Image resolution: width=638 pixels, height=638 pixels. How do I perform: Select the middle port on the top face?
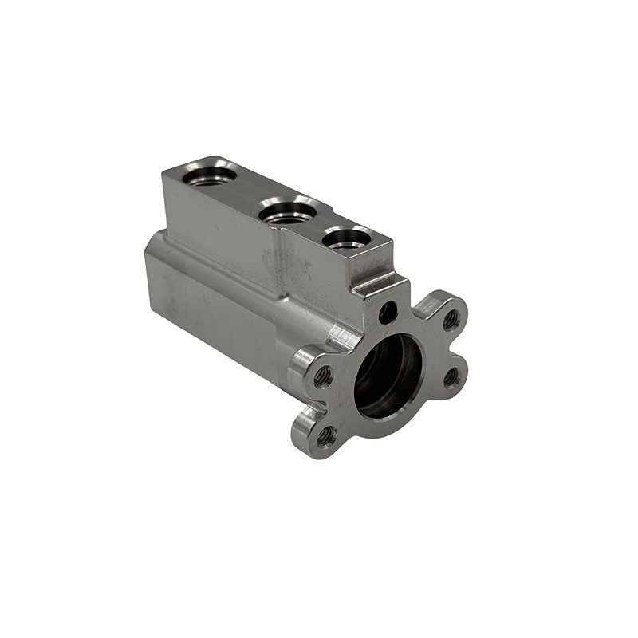pos(287,211)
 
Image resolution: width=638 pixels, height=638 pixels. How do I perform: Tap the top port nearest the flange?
pos(346,238)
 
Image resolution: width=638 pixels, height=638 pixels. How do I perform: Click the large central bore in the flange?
pos(388,375)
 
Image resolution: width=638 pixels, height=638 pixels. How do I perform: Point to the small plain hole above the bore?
pos(387,313)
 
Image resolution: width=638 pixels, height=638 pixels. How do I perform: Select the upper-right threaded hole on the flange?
pos(450,319)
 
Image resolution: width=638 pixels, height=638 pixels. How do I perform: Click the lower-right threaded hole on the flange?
pos(451,376)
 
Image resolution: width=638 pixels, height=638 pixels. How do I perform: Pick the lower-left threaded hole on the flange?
pos(325,435)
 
